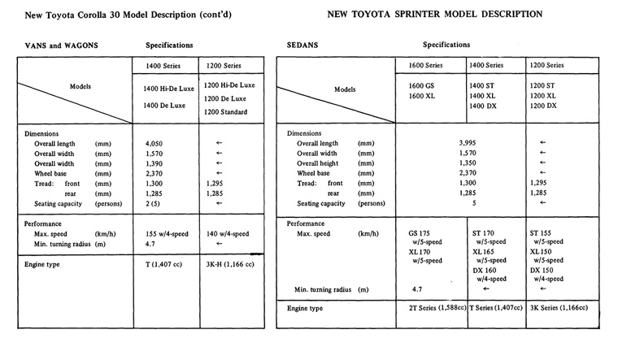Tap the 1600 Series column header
point(430,65)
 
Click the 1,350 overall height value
point(467,163)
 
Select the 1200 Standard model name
point(230,111)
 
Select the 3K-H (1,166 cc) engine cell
point(230,264)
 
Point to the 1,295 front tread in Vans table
point(215,184)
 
